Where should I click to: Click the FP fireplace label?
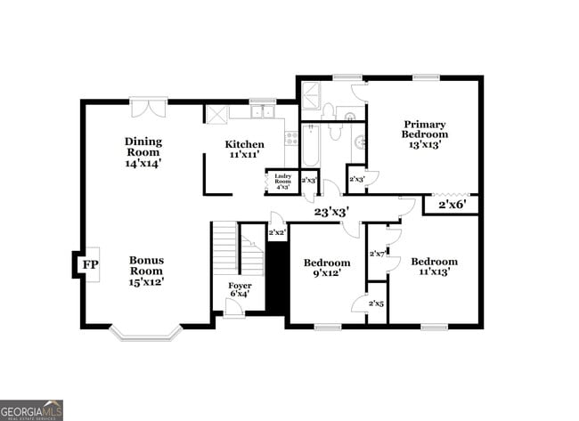[x=89, y=265]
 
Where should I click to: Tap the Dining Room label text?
[x=143, y=151]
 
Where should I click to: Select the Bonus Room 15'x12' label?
[x=146, y=271]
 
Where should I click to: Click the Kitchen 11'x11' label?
[x=244, y=150]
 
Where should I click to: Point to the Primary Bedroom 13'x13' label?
[x=424, y=134]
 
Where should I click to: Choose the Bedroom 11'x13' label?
[x=434, y=266]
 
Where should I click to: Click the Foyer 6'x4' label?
[x=240, y=289]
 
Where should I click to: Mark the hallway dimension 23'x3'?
[x=330, y=212]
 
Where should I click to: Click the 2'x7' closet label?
[x=377, y=254]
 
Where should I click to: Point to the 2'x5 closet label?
[x=377, y=304]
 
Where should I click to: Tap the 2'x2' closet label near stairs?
[x=277, y=233]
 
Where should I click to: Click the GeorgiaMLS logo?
[x=31, y=409]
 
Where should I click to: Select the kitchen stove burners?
[x=290, y=137]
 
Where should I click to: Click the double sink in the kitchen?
[x=262, y=112]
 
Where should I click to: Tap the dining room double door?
[x=148, y=108]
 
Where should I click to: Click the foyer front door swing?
[x=233, y=308]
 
